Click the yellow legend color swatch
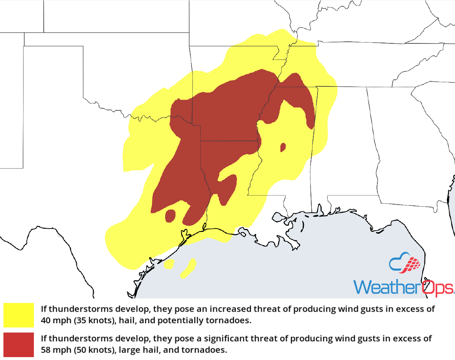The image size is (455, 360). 19,315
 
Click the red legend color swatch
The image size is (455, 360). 19,344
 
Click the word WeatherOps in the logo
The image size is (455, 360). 403,287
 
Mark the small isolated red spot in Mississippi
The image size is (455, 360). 283,147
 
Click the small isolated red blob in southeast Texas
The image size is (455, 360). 170,215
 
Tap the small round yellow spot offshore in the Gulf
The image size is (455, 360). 169,264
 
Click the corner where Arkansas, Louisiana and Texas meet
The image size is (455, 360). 201,141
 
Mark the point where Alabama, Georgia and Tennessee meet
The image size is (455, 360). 367,87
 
